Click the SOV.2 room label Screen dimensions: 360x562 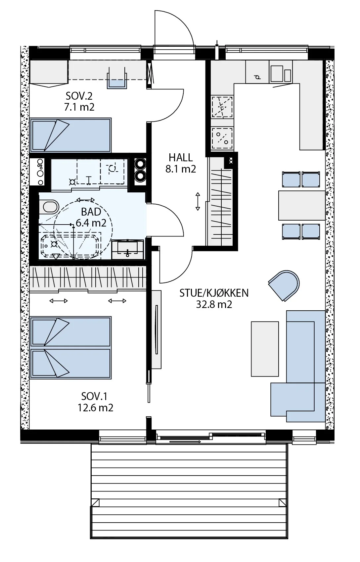click(x=79, y=96)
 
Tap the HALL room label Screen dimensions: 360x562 click(x=181, y=158)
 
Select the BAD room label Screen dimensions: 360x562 click(x=91, y=212)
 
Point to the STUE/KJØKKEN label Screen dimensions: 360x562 click(x=214, y=293)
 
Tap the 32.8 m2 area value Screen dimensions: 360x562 click(x=214, y=304)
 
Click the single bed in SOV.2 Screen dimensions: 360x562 click(x=70, y=135)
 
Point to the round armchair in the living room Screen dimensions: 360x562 click(x=284, y=285)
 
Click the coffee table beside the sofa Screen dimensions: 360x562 click(x=265, y=349)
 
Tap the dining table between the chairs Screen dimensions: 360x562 click(x=302, y=205)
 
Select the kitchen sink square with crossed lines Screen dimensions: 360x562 click(x=222, y=107)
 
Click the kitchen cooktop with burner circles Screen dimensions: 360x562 click(x=222, y=138)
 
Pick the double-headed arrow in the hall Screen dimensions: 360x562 click(x=198, y=201)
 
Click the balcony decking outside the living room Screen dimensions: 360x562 click(x=189, y=499)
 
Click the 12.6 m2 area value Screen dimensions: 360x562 click(x=95, y=408)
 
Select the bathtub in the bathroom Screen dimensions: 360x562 click(x=70, y=245)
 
